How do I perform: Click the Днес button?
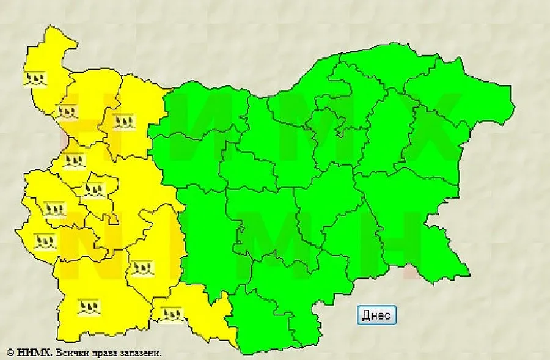tap(376, 315)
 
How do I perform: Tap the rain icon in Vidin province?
tap(35, 79)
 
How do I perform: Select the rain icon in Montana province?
tap(66, 111)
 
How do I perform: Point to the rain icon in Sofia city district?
tap(94, 189)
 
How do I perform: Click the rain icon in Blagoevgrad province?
tap(89, 306)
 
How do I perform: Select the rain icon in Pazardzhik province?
tap(142, 267)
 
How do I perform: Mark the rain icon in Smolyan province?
tap(171, 314)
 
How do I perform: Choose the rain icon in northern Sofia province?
tap(74, 161)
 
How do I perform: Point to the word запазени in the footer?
tap(140, 353)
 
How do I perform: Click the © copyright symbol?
tap(10, 353)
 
